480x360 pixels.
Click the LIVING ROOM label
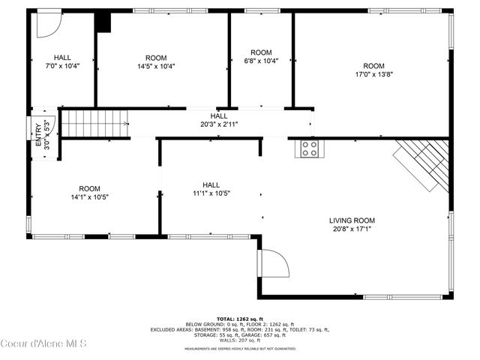point(352,220)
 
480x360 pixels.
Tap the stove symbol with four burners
point(309,148)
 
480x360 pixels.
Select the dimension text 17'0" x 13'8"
point(374,74)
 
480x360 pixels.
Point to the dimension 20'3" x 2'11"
point(219,124)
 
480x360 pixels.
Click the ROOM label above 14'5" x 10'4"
point(156,58)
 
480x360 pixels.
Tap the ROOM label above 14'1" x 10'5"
point(90,189)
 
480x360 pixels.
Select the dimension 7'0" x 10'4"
point(62,66)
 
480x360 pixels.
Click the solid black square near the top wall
point(103,22)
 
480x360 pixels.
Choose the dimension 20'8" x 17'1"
point(352,229)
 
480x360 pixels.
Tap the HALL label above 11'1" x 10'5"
point(211,184)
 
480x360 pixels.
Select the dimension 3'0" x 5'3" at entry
point(48,136)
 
